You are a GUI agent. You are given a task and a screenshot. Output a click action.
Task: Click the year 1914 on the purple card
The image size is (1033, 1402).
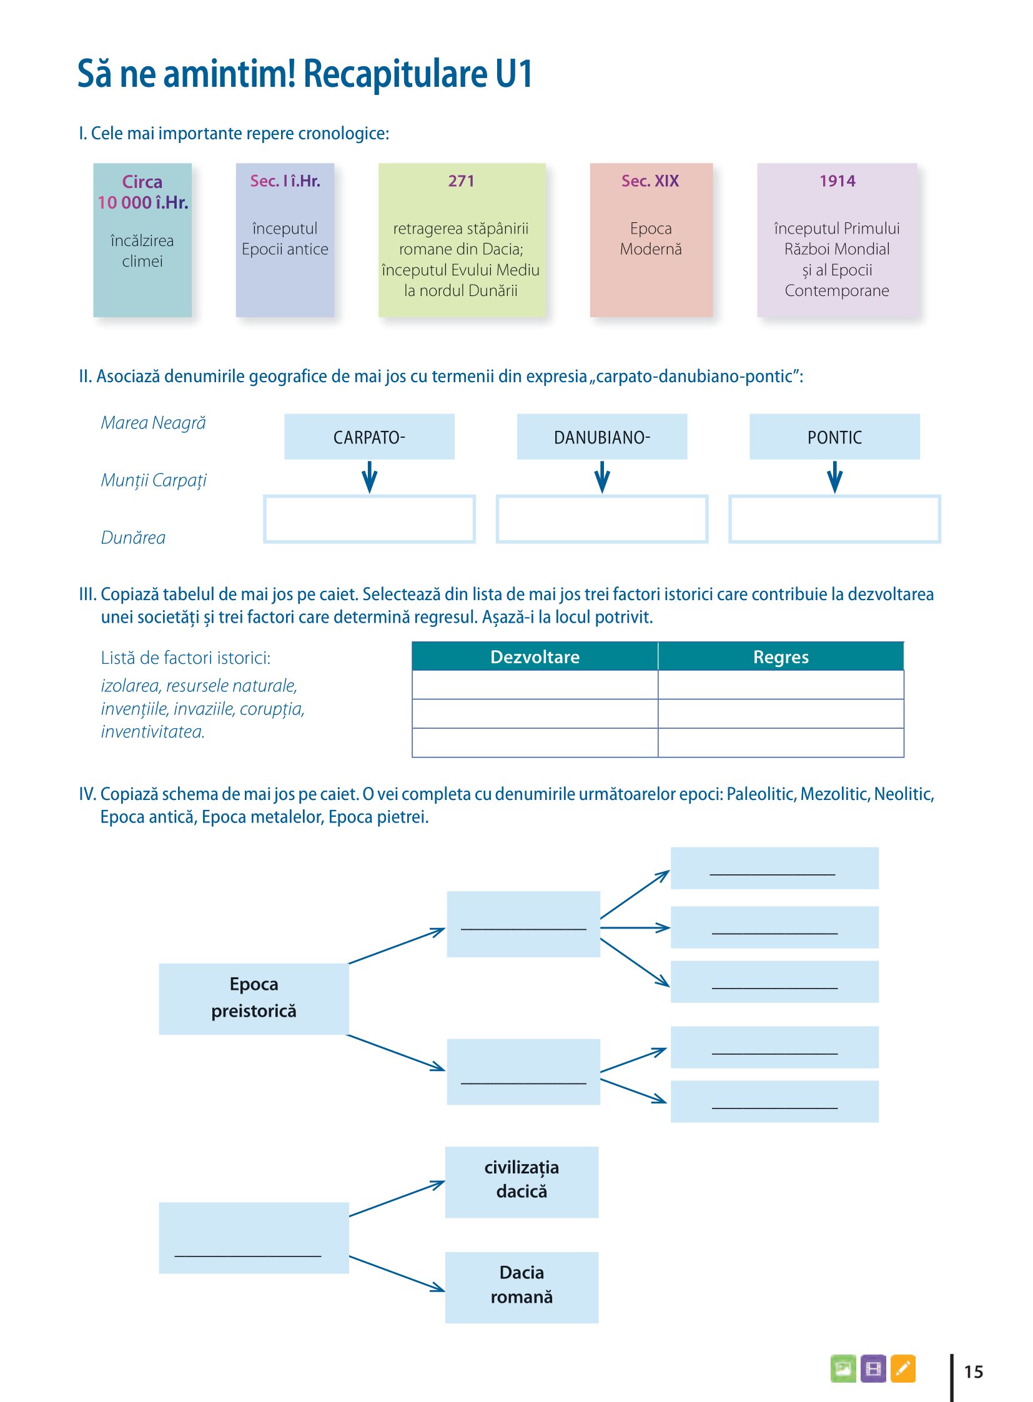837,180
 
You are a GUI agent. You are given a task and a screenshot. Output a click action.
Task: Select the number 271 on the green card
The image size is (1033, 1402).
461,180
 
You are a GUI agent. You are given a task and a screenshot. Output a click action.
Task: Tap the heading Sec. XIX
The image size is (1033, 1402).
650,180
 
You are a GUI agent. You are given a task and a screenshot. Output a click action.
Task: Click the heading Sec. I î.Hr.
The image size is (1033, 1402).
285,180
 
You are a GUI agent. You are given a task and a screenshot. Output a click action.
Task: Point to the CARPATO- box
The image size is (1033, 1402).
369,437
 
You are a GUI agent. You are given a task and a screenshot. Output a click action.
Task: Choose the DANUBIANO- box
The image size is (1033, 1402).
601,437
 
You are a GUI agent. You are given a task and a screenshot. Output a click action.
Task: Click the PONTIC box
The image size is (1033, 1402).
834,437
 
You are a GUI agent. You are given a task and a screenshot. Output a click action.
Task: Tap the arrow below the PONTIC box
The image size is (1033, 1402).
834,477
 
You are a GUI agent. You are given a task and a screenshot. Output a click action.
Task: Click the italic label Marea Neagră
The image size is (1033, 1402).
153,423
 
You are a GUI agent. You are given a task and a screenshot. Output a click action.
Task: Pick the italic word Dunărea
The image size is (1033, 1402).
133,538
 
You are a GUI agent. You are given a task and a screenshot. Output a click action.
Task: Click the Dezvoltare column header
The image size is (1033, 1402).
535,656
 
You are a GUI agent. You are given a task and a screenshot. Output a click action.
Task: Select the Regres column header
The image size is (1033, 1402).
781,656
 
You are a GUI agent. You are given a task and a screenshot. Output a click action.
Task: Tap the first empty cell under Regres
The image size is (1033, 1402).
781,684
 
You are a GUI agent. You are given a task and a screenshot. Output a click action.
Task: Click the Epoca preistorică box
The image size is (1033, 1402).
254,999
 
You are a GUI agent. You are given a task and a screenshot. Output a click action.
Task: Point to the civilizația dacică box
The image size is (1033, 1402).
521,1182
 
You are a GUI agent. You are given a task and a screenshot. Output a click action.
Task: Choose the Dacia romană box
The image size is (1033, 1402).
521,1287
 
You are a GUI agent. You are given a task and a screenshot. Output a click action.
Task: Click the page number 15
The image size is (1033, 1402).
974,1372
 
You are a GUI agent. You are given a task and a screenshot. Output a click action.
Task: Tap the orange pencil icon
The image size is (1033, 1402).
902,1368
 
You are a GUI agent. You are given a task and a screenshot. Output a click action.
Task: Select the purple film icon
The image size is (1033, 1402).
873,1368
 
